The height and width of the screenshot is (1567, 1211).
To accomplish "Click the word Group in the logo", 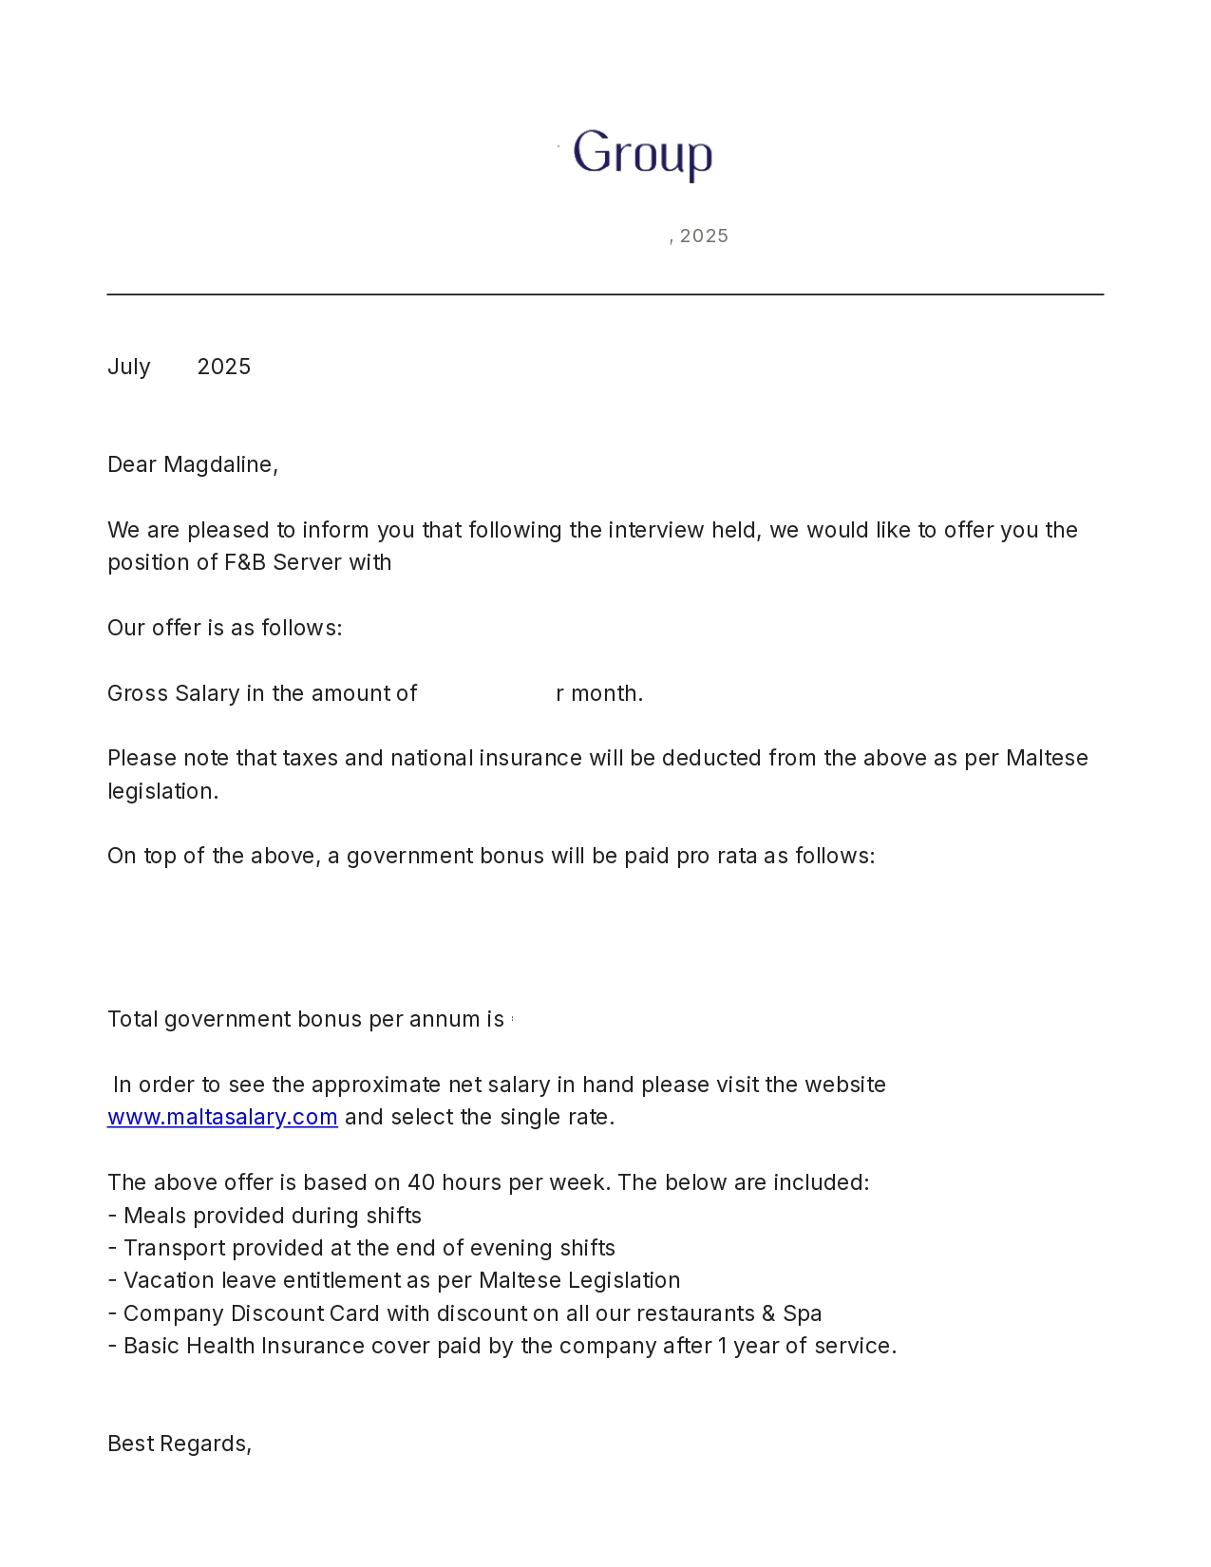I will point(642,154).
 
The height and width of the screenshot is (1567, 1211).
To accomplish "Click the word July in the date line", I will point(129,368).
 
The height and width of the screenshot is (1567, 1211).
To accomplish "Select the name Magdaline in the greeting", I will point(218,465).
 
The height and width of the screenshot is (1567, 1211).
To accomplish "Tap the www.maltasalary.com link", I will point(222,1118).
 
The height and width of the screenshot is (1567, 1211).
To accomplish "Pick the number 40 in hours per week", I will point(421,1183).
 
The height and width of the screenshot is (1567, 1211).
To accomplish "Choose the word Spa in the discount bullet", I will point(803,1314).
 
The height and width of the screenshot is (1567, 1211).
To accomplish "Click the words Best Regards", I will point(179,1444).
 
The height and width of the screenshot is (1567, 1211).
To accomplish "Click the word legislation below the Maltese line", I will point(162,792).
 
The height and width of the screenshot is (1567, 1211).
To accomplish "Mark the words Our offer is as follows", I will point(224,629).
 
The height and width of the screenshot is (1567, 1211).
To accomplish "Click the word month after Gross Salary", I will point(605,694).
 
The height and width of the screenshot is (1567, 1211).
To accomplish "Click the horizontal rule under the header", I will point(605,294).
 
